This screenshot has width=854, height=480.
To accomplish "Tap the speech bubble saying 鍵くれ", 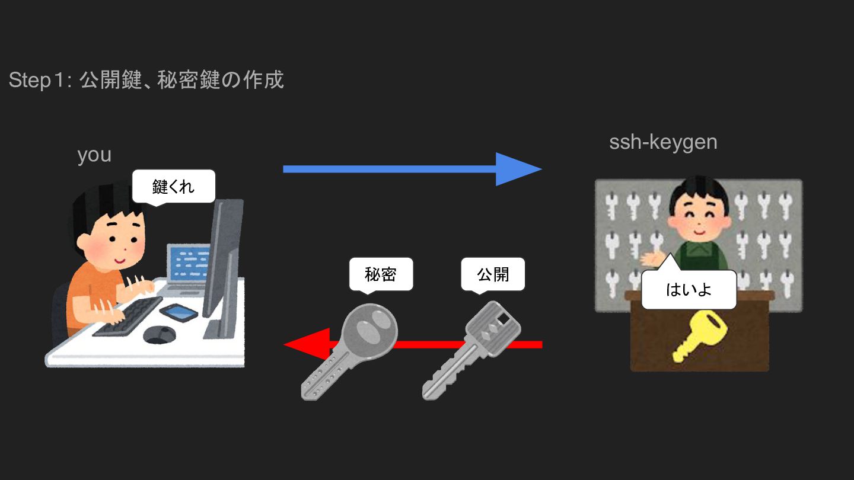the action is coord(173,187).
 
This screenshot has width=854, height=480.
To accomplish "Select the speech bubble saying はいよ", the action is coord(689,290).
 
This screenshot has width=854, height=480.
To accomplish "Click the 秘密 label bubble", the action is coord(381,274).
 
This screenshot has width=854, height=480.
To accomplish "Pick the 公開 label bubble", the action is coord(493,274).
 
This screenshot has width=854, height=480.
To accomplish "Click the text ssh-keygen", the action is coord(663,142).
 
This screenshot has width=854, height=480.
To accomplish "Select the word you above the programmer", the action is coord(94,155).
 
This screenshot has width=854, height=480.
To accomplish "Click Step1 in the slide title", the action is coord(38,80).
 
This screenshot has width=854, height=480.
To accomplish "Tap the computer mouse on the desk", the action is coord(159,334).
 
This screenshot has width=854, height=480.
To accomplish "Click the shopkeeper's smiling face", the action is coord(697,214).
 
